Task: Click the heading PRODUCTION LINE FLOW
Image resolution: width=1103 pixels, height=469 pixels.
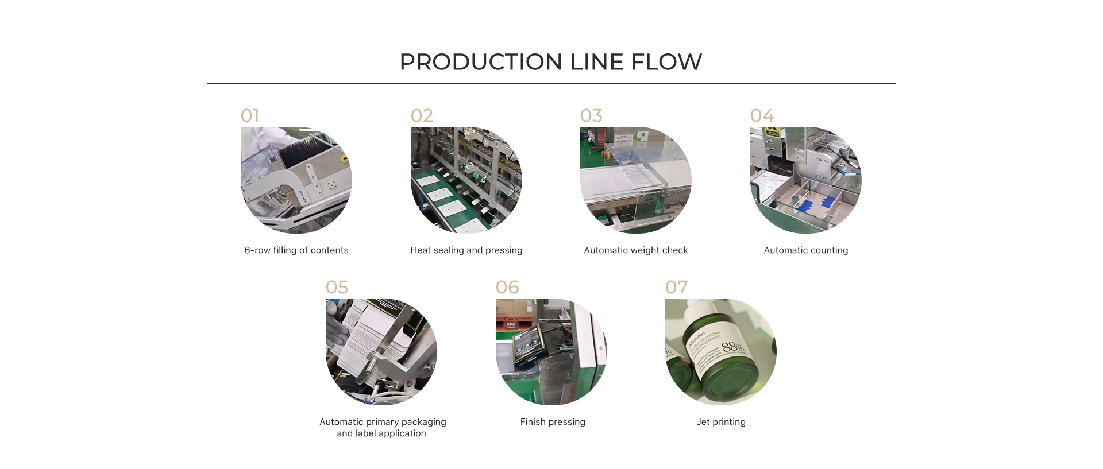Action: click(x=550, y=62)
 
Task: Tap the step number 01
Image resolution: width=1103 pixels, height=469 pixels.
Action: click(x=250, y=116)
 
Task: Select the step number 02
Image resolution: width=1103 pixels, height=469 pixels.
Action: click(x=422, y=116)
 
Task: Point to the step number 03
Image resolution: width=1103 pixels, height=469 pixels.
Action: click(x=591, y=116)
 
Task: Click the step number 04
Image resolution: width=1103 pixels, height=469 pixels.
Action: click(x=762, y=116)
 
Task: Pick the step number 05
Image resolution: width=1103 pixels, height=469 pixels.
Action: click(x=337, y=288)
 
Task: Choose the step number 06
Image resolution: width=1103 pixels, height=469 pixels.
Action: click(x=507, y=288)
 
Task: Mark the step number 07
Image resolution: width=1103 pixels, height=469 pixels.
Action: click(x=676, y=288)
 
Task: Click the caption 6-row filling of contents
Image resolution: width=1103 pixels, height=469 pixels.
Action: click(x=296, y=250)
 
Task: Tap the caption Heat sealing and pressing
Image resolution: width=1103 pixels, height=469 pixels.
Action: click(x=466, y=250)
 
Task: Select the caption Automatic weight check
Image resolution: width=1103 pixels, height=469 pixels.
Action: click(x=636, y=250)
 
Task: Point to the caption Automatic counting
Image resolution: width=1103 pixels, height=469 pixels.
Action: click(x=806, y=250)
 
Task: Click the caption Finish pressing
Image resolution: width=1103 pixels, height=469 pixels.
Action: click(x=553, y=422)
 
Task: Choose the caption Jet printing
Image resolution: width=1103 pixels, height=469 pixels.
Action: click(x=721, y=422)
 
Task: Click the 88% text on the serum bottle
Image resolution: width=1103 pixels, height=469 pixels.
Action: click(x=732, y=347)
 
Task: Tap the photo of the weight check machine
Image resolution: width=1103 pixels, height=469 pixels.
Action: click(x=636, y=180)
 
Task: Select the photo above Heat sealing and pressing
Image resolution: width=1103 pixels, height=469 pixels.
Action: click(x=466, y=180)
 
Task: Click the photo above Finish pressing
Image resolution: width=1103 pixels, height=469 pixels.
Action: click(x=551, y=351)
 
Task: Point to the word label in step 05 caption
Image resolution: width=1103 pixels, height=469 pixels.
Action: click(x=364, y=433)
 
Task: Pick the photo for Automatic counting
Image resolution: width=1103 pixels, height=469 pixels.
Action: click(x=806, y=180)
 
